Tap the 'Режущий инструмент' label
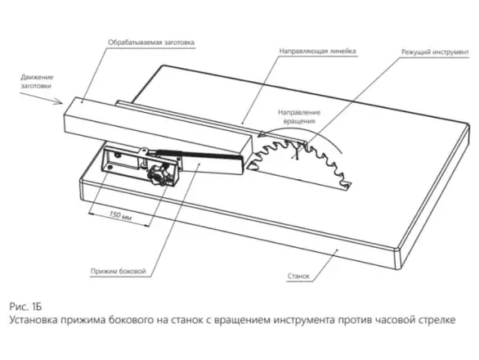pyautogui.click(x=433, y=52)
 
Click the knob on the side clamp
pyautogui.click(x=159, y=172)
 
